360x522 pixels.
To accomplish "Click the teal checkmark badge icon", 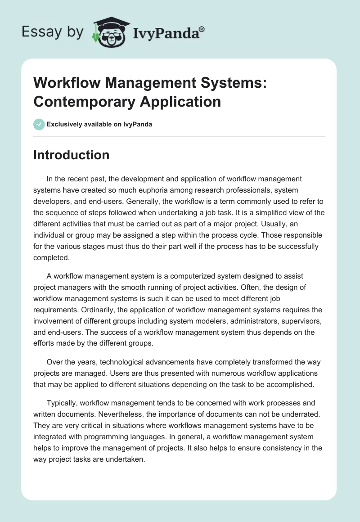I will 39,124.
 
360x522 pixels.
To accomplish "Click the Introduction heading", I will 72,155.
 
